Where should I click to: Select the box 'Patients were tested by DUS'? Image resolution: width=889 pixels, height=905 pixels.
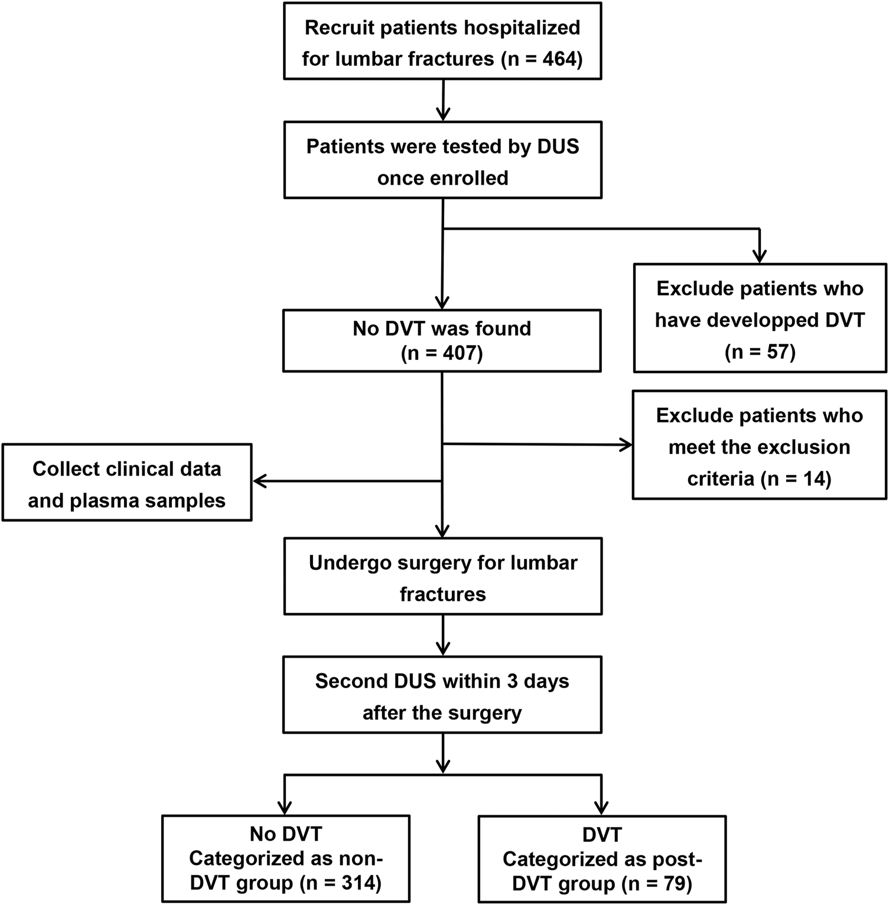[x=442, y=160]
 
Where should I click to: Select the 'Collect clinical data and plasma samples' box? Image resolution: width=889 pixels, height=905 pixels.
[x=127, y=483]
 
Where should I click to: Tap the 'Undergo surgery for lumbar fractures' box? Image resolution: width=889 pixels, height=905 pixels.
[x=442, y=576]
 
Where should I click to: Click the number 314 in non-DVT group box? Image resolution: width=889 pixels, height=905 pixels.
[x=360, y=883]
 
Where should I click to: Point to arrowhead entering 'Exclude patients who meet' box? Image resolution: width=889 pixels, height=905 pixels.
[x=625, y=445]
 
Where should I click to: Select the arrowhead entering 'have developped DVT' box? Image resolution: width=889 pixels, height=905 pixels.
[x=760, y=255]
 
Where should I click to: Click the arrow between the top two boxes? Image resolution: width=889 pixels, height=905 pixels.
[x=442, y=100]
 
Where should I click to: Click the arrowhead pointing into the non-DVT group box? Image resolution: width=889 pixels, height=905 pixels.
[x=285, y=807]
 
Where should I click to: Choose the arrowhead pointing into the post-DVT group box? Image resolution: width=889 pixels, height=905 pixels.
[x=601, y=807]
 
